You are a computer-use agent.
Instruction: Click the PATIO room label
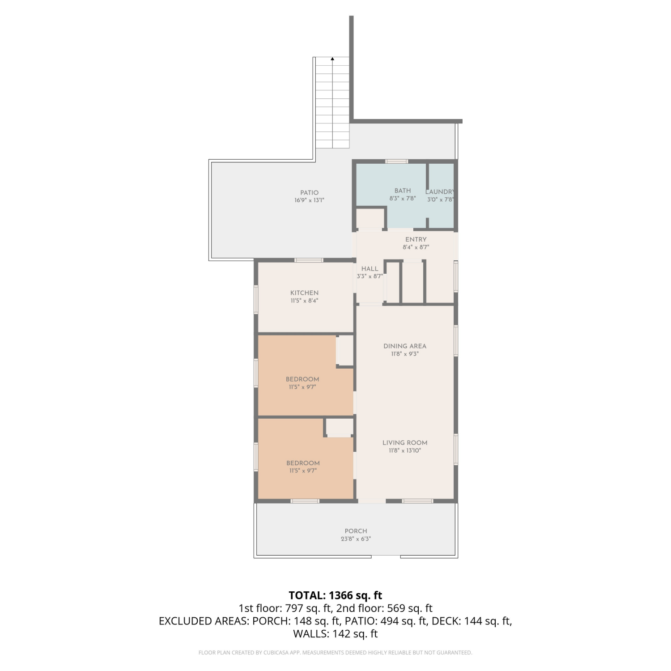(310, 193)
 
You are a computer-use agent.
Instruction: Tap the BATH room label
(403, 191)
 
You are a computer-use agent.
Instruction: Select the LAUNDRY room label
(440, 192)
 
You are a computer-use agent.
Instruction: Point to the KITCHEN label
(304, 293)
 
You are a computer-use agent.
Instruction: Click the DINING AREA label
(405, 346)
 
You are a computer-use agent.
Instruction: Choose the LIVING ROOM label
(405, 443)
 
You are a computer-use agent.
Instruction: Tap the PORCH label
(356, 531)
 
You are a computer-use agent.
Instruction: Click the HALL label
(370, 269)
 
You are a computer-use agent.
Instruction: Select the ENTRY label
(416, 240)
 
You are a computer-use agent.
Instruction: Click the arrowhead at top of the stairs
(332, 59)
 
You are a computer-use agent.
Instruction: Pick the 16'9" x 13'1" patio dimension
(309, 200)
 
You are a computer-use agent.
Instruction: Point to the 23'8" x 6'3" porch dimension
(356, 539)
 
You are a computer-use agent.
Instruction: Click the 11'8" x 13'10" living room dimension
(405, 450)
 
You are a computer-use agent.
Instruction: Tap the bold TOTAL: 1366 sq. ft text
(335, 595)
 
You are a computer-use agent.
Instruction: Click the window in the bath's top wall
(397, 161)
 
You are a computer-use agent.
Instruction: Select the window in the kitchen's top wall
(309, 260)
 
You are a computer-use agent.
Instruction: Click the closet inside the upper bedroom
(345, 350)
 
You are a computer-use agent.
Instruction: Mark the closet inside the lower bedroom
(340, 427)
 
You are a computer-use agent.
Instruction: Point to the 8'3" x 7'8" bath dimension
(403, 198)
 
